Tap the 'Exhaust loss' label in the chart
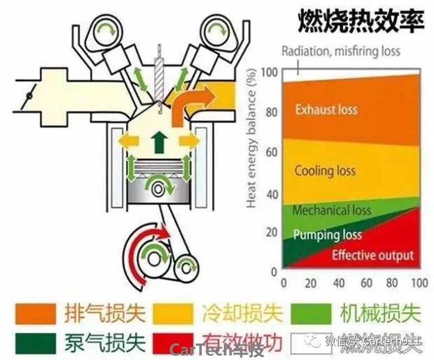(326, 110)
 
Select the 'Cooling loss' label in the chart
(325, 171)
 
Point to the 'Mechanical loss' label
(331, 210)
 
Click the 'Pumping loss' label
(327, 236)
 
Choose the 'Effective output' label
(373, 255)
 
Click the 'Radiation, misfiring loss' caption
(341, 52)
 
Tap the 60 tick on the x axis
(367, 283)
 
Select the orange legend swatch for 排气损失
(33, 314)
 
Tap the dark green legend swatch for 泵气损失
(33, 342)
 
